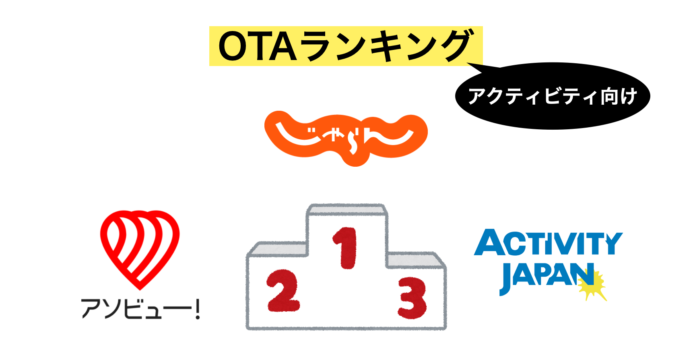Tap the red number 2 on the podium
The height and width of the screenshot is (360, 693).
coord(283,291)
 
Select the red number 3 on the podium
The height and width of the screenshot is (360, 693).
coord(412,298)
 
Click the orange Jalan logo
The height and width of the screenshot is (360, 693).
coord(345,137)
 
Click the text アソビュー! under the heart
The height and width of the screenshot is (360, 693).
coord(137,309)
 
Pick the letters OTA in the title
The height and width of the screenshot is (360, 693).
coord(258,47)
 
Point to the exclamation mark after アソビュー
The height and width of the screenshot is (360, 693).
coord(197,309)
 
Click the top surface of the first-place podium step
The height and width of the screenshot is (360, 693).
coord(346,210)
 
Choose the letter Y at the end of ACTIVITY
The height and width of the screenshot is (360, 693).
coord(613,243)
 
